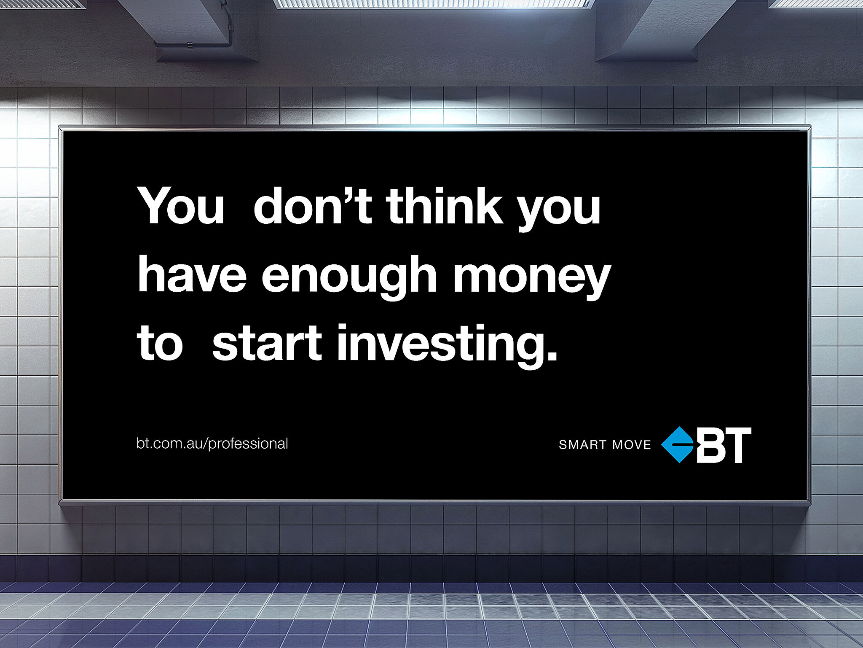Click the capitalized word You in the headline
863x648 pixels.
[x=181, y=205]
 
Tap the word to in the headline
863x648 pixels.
[x=160, y=343]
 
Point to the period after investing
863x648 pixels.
[x=552, y=356]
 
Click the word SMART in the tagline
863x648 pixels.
[x=582, y=445]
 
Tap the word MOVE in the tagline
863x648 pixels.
[x=632, y=445]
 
